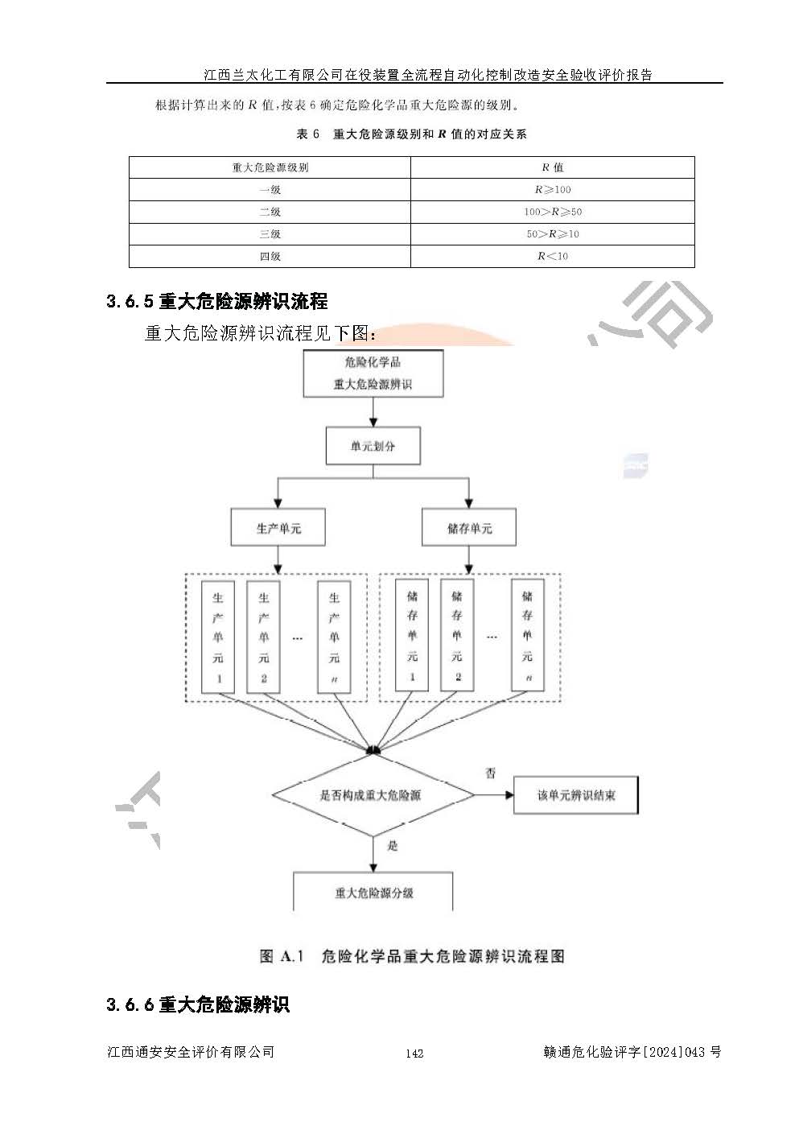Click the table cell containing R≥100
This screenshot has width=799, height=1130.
point(552,190)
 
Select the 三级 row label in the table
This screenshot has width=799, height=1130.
point(270,234)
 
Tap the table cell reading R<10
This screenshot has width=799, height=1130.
point(552,256)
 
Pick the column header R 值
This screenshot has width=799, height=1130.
point(552,167)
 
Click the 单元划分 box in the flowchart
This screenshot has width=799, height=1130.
point(373,446)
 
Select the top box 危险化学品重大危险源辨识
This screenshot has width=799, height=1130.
point(373,373)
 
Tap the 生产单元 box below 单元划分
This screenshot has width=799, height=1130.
point(278,528)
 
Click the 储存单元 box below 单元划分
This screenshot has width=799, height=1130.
point(469,528)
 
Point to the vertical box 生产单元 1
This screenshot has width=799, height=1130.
point(218,637)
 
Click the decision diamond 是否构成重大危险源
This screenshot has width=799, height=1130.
point(373,795)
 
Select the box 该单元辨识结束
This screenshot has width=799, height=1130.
point(576,795)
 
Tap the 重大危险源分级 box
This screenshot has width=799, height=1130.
point(373,892)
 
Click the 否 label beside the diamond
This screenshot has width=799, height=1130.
point(491,773)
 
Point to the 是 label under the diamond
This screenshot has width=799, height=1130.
point(393,846)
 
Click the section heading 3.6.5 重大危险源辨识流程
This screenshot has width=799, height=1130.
point(216,302)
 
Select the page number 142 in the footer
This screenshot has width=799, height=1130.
point(414,1053)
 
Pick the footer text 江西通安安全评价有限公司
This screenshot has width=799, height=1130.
point(191,1052)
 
